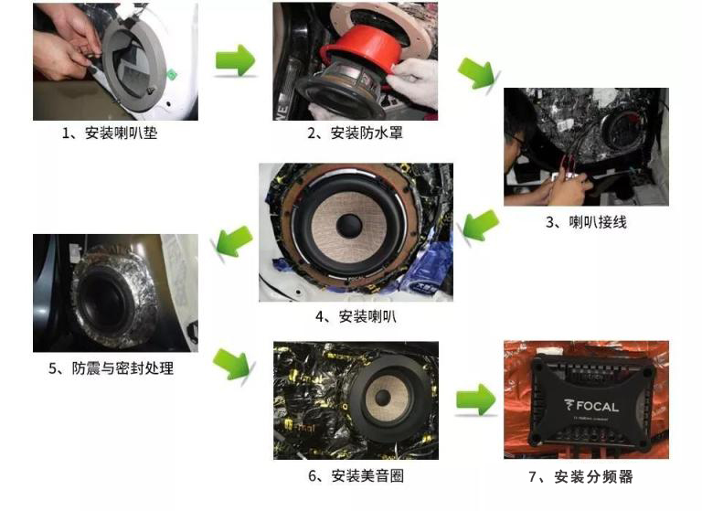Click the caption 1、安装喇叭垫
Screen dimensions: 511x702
click(114, 133)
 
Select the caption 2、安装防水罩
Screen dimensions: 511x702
click(355, 133)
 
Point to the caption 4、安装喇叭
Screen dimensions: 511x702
click(356, 316)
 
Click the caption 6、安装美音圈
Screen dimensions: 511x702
click(356, 475)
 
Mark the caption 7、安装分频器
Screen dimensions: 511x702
click(586, 475)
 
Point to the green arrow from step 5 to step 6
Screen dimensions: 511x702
click(234, 363)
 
